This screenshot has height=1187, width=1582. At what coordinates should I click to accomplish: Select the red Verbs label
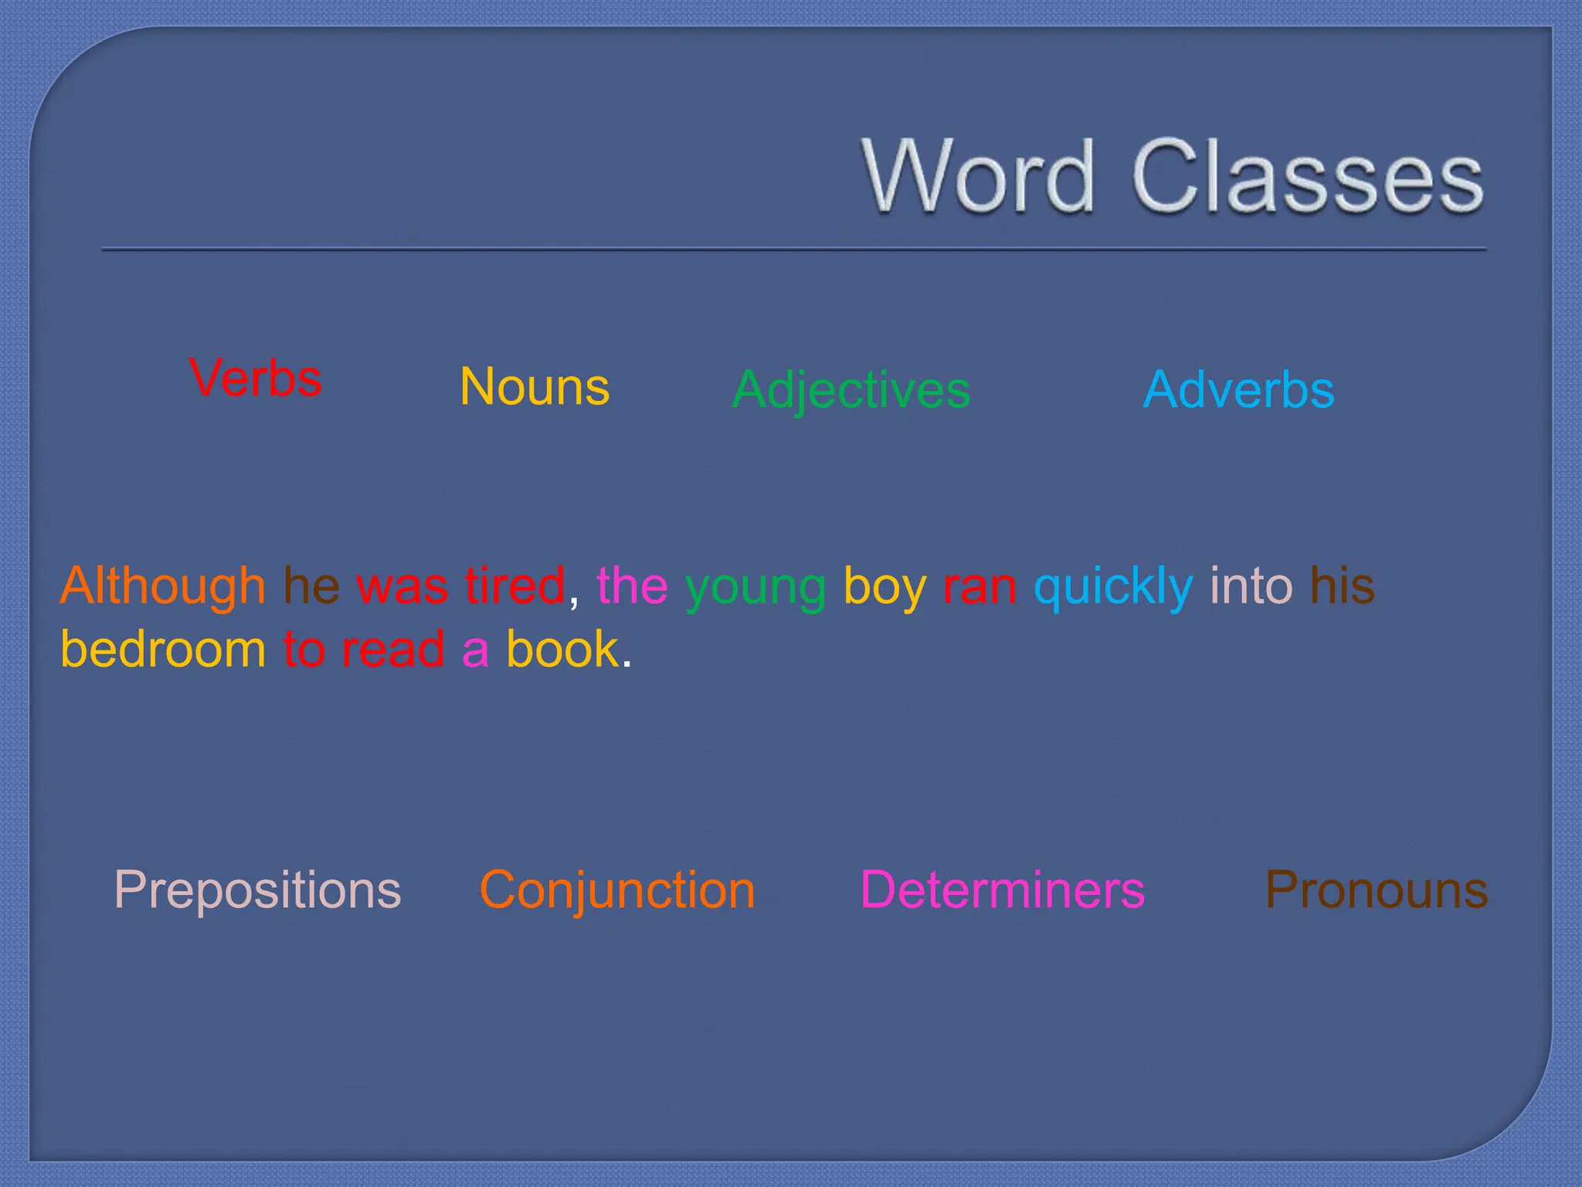click(x=255, y=379)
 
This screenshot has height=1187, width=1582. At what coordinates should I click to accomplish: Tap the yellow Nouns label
click(x=535, y=386)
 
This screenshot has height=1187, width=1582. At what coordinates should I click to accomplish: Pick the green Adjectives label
click(x=850, y=389)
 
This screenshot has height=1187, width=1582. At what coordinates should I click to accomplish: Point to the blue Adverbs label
click(x=1238, y=389)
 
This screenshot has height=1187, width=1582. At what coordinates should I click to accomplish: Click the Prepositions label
click(x=257, y=890)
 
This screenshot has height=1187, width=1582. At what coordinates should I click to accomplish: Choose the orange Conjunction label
click(x=617, y=890)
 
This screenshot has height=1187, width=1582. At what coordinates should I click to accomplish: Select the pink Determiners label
click(x=1002, y=890)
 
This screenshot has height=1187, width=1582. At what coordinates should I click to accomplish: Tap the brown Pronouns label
click(x=1377, y=890)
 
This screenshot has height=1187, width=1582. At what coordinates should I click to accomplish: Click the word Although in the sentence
click(x=163, y=585)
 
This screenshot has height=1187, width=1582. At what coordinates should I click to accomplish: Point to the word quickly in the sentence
click(x=1113, y=587)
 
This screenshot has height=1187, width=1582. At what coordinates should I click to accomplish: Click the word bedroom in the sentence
click(x=163, y=648)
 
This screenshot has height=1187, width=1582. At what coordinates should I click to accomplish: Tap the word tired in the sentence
click(x=515, y=585)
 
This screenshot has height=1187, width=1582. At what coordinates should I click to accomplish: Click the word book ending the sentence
click(x=562, y=648)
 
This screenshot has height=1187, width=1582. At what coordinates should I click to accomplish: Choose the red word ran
click(x=979, y=587)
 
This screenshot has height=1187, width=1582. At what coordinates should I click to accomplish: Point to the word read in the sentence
click(x=393, y=648)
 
